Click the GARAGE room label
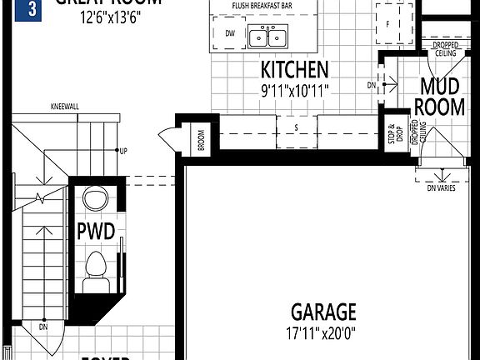click(x=322, y=312)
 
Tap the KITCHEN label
click(x=294, y=69)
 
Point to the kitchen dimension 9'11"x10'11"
click(x=294, y=87)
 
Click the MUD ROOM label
click(x=441, y=95)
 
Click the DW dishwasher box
click(x=229, y=33)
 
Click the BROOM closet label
click(x=202, y=140)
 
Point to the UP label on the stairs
click(x=123, y=151)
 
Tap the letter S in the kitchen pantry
click(x=297, y=127)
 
